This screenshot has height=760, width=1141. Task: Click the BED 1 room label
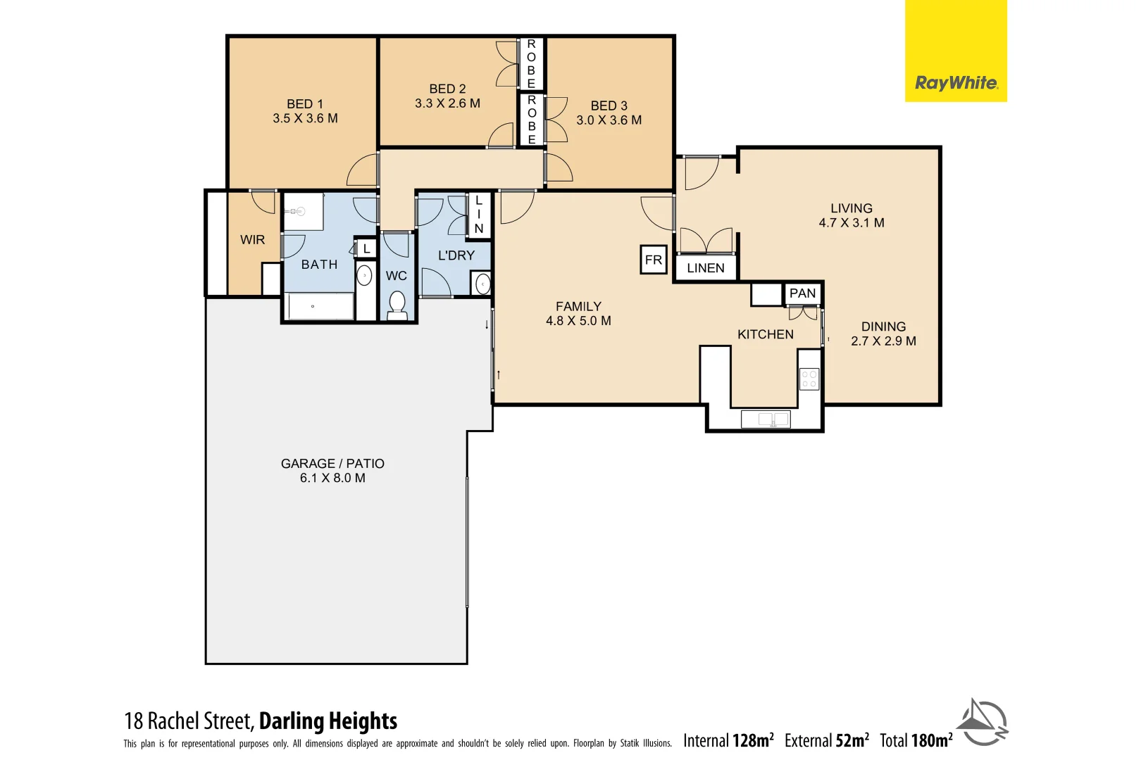coord(305,104)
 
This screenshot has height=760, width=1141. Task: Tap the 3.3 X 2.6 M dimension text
coord(447,103)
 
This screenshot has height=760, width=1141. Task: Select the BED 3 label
coord(609,106)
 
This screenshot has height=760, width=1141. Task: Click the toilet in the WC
coord(397,305)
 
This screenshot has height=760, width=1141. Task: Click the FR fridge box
coord(654,260)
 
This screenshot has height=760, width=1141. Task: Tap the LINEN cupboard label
coord(705,268)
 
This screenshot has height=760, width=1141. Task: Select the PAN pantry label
coord(802,293)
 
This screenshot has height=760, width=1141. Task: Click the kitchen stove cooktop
coord(809,379)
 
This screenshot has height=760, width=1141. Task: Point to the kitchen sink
coord(766,419)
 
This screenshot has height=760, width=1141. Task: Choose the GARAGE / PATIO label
coord(332,464)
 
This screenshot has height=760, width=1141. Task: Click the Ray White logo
coord(956,83)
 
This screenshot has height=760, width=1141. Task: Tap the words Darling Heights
coord(328,721)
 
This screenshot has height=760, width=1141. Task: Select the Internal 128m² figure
coord(728,740)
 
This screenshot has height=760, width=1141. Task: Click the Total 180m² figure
coord(916,740)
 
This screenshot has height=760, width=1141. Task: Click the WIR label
coord(252,240)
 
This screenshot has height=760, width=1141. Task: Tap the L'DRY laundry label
coord(456,255)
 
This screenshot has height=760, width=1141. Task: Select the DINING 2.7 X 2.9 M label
coord(883,334)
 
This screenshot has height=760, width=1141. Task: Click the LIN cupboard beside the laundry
coord(479,215)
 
